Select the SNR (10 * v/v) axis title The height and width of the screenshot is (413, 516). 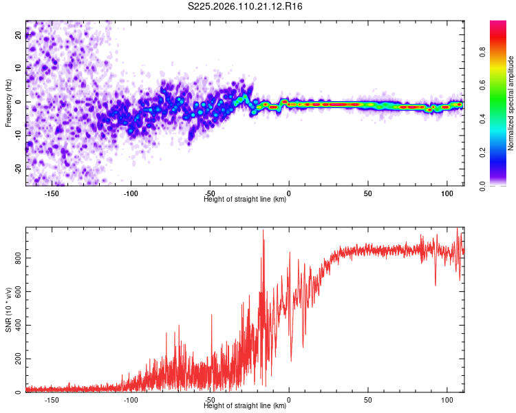(x=8, y=310)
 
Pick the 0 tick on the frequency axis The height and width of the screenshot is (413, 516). (x=19, y=102)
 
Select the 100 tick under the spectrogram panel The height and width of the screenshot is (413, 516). (x=447, y=193)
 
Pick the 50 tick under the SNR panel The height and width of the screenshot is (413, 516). (x=368, y=400)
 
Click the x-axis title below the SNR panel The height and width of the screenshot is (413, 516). (x=245, y=406)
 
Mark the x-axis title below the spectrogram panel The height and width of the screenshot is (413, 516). (x=245, y=200)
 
